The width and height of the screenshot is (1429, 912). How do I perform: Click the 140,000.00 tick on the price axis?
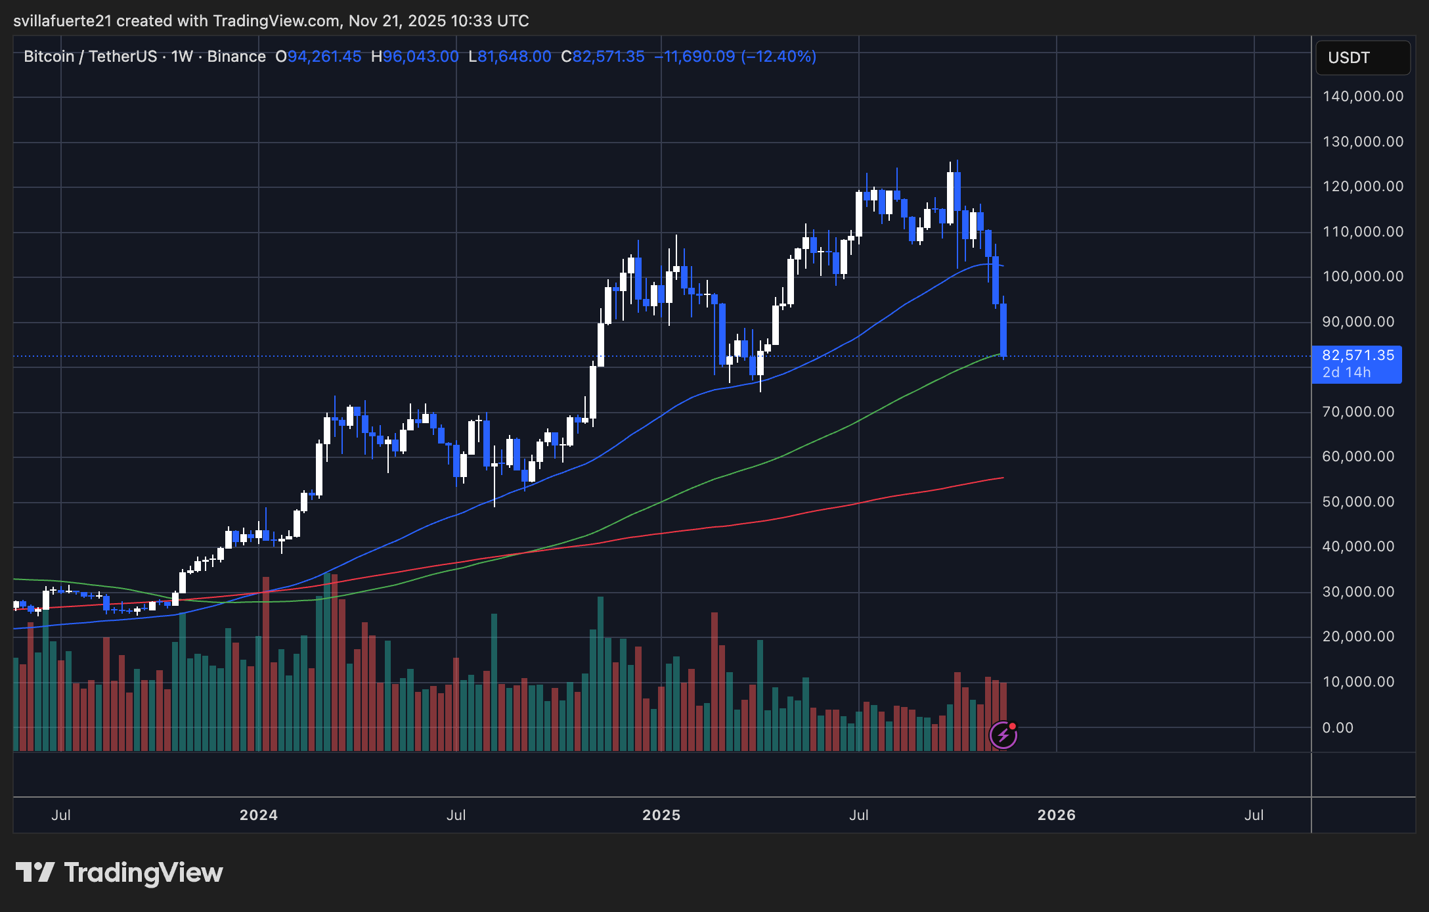coord(1363,97)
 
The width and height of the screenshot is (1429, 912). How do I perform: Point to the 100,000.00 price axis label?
coord(1363,277)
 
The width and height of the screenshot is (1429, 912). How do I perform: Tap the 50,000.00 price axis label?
coord(1358,502)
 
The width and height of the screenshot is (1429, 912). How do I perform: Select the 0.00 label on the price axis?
coord(1338,728)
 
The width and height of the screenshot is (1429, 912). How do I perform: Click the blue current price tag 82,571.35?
coord(1357,356)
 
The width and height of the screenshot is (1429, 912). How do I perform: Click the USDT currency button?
coord(1363,58)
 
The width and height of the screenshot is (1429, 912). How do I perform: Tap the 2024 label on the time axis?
coord(258,815)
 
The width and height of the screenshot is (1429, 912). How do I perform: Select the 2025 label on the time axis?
coord(661,815)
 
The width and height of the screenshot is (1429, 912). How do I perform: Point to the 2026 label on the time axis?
coord(1056,815)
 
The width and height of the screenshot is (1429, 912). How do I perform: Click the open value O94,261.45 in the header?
coord(319,57)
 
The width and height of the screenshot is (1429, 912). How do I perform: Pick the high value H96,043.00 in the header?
coord(414,57)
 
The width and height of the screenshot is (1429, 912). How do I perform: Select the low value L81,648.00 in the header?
coord(510,57)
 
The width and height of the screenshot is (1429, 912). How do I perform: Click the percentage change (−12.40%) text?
coord(778,57)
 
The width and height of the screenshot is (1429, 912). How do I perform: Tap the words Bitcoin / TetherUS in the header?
coord(90,57)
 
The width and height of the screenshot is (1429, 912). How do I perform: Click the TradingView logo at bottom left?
coord(119,873)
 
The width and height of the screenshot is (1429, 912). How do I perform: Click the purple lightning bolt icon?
coord(1003,735)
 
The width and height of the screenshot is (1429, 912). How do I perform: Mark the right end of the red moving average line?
coord(1002,478)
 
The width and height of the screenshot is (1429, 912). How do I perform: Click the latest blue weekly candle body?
coord(1003,329)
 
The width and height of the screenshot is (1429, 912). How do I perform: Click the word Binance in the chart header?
coord(236,57)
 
